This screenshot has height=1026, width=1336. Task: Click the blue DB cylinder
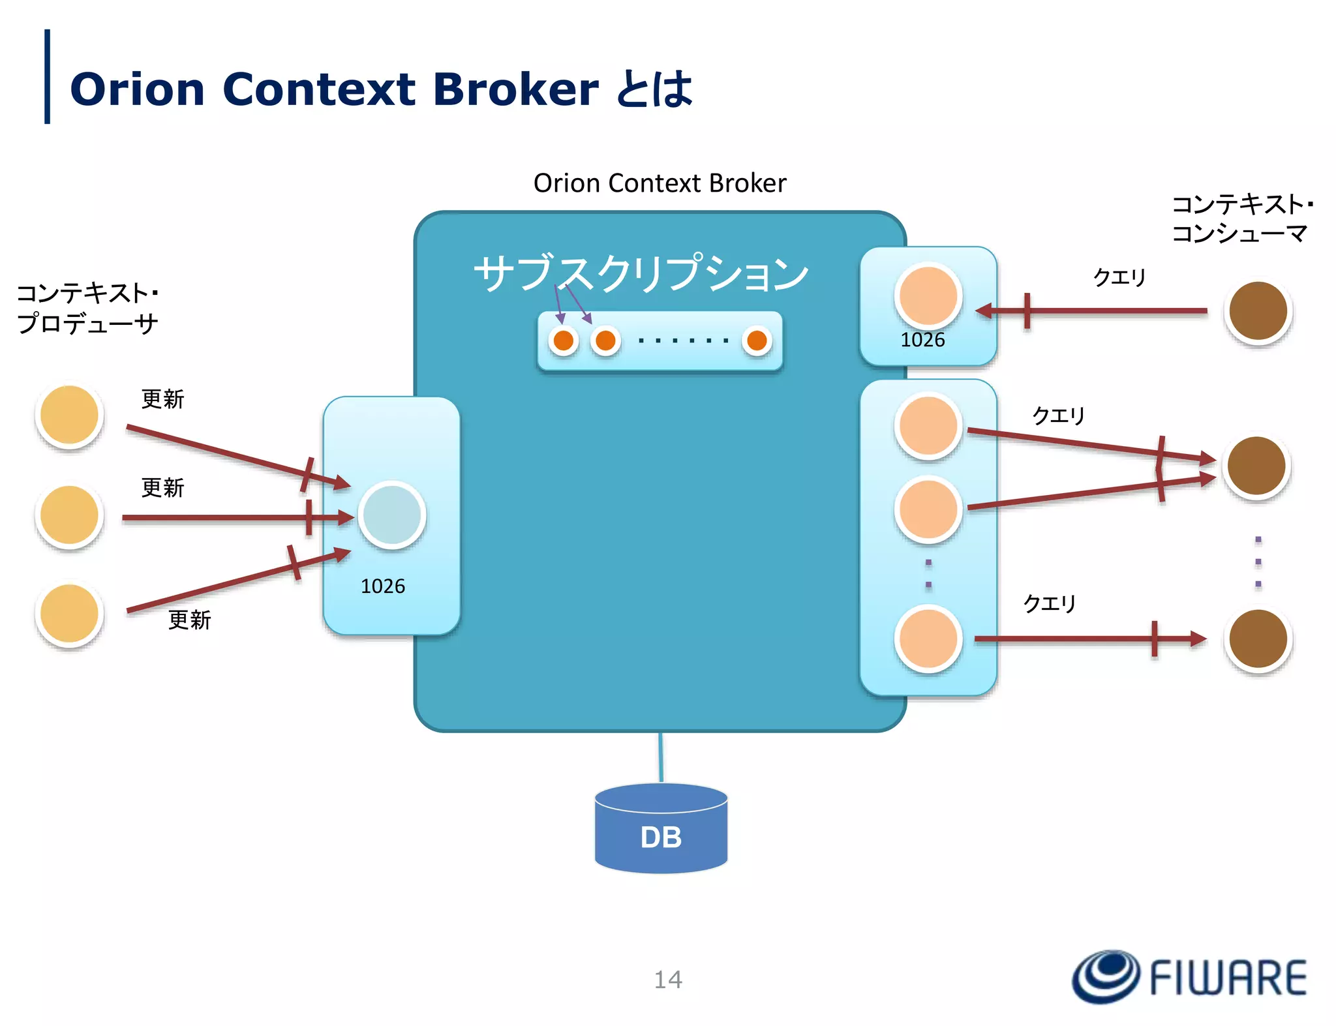coord(661,830)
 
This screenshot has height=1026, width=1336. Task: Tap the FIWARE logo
coord(1189,976)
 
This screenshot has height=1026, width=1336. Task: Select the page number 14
coord(667,979)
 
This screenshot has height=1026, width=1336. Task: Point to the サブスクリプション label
coord(641,273)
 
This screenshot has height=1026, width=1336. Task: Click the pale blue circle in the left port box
coord(391,515)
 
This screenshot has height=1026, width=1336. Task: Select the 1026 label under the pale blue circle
coord(383,586)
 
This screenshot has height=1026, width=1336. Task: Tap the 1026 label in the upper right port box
coord(922,340)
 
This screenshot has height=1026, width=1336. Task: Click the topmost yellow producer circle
coord(69,415)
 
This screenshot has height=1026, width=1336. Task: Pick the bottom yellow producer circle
coord(69,614)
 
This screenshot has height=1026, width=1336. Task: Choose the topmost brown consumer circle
coord(1258,311)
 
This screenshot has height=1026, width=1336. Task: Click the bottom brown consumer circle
coord(1258,639)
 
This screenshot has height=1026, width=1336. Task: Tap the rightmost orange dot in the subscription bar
coord(757,340)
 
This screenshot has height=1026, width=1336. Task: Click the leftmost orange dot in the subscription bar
coord(564,340)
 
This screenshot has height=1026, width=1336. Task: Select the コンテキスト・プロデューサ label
coord(87,308)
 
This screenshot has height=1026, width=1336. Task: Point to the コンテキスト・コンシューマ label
coord(1241,219)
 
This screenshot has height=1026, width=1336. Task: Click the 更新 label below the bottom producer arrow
coord(189,620)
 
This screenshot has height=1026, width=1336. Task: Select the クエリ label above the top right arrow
coord(1119,277)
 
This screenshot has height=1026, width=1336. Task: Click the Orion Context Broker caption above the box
coord(660,183)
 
